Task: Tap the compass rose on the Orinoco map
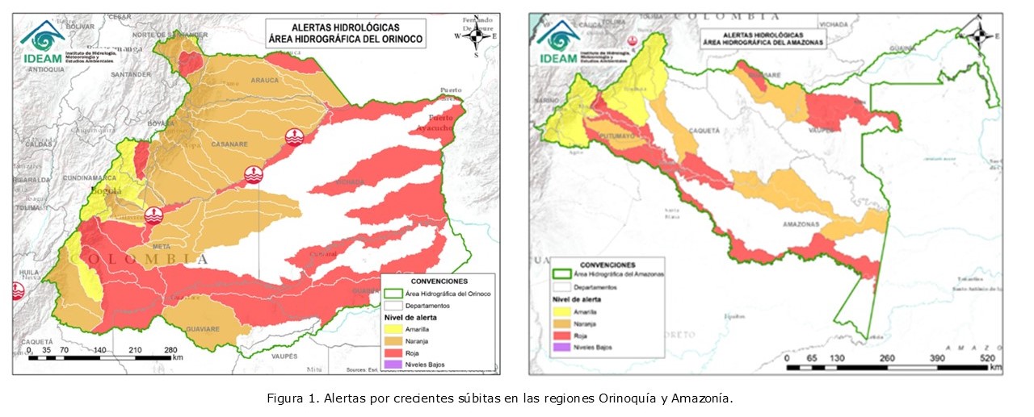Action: [x=476, y=36]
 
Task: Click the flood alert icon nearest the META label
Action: [x=153, y=215]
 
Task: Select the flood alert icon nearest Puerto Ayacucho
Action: [x=296, y=137]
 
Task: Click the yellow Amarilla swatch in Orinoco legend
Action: [x=393, y=328]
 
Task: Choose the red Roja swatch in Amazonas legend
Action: [x=558, y=335]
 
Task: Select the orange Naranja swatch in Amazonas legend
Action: [x=558, y=323]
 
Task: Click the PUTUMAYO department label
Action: [x=618, y=138]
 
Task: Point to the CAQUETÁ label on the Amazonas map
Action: [x=703, y=129]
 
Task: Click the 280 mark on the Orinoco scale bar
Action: [x=171, y=350]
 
